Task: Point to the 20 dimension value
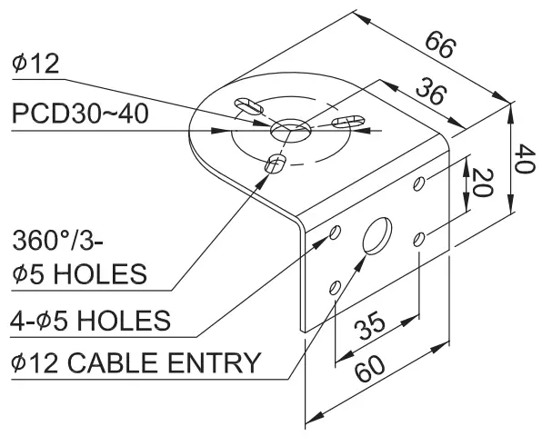point(483,183)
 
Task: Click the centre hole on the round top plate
point(287,129)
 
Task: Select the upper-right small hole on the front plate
point(419,183)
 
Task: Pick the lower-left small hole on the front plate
point(336,288)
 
